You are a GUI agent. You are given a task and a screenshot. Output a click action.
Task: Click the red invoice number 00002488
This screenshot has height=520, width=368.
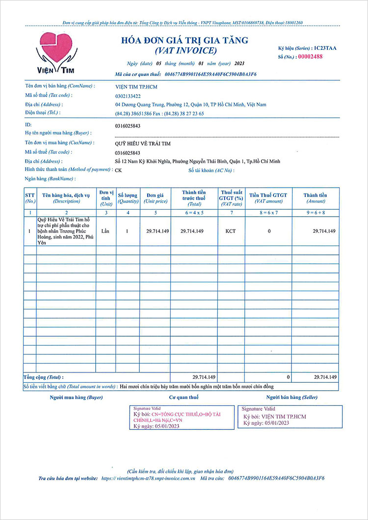pyautogui.click(x=310, y=56)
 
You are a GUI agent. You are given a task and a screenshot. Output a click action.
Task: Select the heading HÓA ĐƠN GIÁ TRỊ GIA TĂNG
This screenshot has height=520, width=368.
pyautogui.click(x=185, y=41)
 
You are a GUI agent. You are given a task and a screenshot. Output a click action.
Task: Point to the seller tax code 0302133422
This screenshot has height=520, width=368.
pyautogui.click(x=128, y=96)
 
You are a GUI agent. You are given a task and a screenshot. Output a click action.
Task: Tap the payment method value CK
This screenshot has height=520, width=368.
pyautogui.click(x=118, y=171)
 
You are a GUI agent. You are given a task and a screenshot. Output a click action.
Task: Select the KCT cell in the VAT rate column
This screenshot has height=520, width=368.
pyautogui.click(x=230, y=231)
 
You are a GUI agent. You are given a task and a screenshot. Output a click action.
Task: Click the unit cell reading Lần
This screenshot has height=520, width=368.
pyautogui.click(x=105, y=230)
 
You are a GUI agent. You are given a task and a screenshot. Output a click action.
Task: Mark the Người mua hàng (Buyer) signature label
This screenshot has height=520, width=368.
pyautogui.click(x=76, y=397)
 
